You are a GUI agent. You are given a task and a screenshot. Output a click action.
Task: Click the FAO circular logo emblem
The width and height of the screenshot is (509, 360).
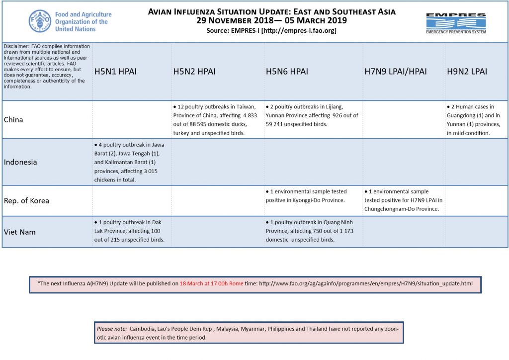pos(40,21)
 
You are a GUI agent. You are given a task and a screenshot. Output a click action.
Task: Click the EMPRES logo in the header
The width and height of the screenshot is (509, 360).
pos(456,22)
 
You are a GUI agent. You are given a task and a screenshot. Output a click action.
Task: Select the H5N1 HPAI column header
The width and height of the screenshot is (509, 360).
pos(115,72)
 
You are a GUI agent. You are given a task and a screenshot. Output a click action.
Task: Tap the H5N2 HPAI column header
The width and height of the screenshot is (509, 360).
pos(194,72)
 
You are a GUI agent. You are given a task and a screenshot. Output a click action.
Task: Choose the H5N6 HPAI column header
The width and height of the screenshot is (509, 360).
pos(287,72)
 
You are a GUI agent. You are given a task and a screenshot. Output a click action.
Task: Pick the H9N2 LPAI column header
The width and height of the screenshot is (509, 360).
pos(467,72)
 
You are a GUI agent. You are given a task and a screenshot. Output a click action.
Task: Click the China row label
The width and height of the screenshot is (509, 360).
pos(13,120)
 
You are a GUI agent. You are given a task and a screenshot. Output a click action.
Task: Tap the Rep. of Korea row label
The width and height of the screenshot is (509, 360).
pos(26,201)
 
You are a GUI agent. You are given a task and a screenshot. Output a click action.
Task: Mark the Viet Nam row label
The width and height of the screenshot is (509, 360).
pos(20,232)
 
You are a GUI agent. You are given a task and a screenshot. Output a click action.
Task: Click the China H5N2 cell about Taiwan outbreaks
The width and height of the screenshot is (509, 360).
pos(214,120)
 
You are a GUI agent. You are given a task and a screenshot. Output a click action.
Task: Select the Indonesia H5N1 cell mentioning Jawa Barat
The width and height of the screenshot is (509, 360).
pos(130,162)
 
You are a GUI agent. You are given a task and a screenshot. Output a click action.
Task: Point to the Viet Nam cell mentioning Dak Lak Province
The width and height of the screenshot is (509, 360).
pos(130,231)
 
